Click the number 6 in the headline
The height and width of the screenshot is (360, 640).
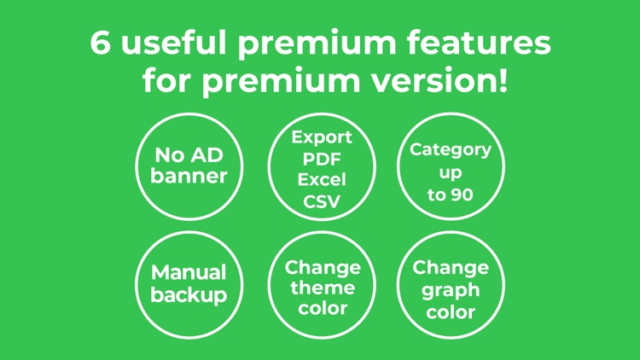pos(102,44)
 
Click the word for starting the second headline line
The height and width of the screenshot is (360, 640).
pos(167,83)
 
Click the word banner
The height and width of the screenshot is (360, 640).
pos(189,177)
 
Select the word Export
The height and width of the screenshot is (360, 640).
pos(322,137)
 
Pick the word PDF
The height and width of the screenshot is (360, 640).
pos(322,159)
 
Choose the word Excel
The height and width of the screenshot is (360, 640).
pos(322,180)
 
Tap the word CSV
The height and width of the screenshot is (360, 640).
pos(322,201)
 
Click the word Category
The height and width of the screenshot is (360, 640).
pos(451,150)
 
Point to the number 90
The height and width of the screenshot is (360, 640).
pos(462,195)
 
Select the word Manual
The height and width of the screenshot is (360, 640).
pos(189,273)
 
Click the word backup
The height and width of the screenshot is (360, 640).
pos(189,295)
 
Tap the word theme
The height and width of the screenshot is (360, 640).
pos(323,287)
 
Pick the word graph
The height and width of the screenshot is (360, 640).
pos(451,290)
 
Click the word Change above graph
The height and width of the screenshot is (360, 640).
pos(451,268)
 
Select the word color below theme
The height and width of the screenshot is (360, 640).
pos(323,308)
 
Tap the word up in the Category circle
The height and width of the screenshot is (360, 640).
pos(451,172)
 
